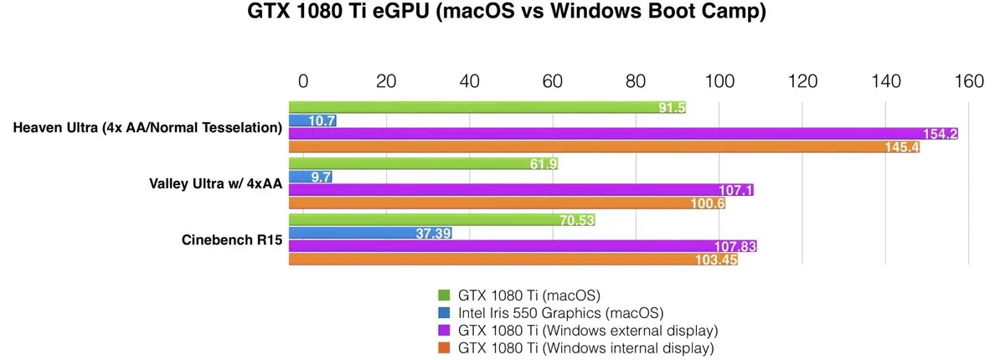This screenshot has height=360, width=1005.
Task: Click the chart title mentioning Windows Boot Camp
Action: click(502, 14)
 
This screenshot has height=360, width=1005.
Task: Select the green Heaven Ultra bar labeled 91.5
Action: click(486, 107)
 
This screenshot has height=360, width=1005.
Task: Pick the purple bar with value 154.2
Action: click(623, 134)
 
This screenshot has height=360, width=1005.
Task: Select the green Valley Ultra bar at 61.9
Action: click(423, 163)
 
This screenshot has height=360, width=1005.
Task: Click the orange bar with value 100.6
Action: click(508, 203)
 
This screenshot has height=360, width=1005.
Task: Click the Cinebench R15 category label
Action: click(231, 239)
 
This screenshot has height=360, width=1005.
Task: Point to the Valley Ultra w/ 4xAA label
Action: click(209, 183)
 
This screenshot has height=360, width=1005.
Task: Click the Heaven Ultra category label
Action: click(147, 127)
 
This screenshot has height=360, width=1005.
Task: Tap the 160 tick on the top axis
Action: click(969, 82)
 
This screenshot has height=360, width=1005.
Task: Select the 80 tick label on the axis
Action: click(636, 82)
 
